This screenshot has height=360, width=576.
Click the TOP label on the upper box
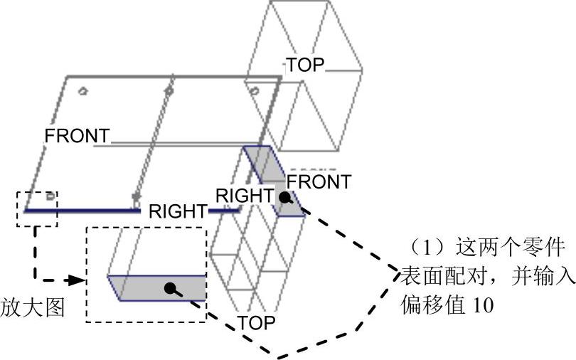305,65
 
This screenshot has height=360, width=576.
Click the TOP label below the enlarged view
257,322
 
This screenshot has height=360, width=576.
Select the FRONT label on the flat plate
77,135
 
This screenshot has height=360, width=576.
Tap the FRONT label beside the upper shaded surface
319,182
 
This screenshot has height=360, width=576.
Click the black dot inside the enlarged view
170,288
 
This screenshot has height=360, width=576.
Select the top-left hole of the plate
82,91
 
